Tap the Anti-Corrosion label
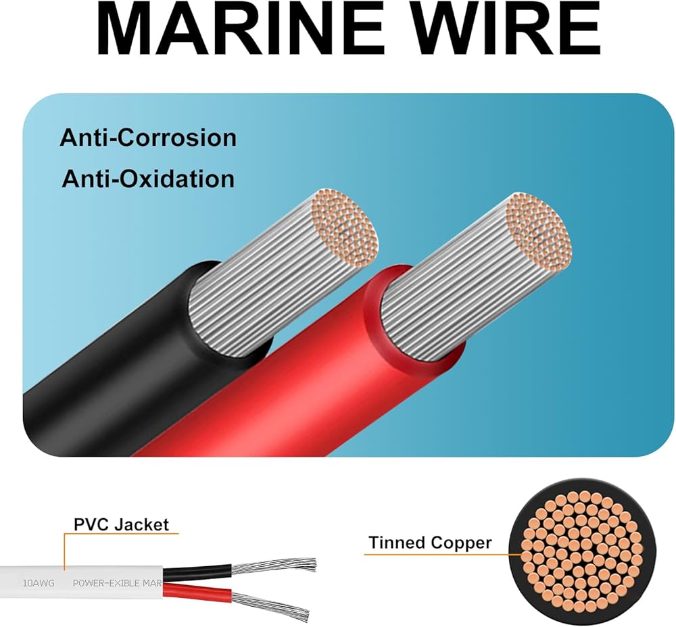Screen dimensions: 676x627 [148, 138]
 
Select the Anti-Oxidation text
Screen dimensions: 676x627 [148, 179]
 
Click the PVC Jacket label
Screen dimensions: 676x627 [121, 524]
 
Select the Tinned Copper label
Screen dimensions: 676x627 [430, 543]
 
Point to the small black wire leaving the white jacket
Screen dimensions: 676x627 [196, 572]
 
